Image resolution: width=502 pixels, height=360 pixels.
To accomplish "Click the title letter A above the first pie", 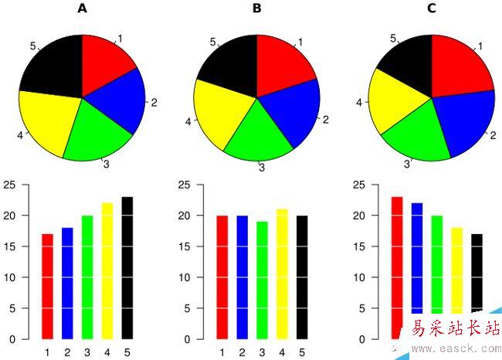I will click(83, 8).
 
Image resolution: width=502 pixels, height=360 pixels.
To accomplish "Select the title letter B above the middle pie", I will click(257, 8).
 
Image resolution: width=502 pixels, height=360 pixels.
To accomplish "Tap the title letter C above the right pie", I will click(432, 8).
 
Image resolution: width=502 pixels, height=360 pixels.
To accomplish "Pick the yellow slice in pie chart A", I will click(50, 120).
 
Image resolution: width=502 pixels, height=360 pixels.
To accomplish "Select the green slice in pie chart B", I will click(259, 127).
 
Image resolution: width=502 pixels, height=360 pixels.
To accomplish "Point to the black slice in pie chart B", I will click(228, 62).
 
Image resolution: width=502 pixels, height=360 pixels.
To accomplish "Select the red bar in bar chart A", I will click(47, 286).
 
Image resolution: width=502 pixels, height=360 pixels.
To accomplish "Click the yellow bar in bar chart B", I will click(282, 273).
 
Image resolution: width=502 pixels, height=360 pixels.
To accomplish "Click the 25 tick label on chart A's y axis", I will click(10, 185).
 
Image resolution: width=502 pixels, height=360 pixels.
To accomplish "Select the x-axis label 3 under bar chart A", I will click(87, 353).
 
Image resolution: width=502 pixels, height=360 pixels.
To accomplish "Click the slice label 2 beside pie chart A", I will click(154, 102).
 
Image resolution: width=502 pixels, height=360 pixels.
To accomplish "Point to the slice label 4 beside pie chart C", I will click(358, 101).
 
